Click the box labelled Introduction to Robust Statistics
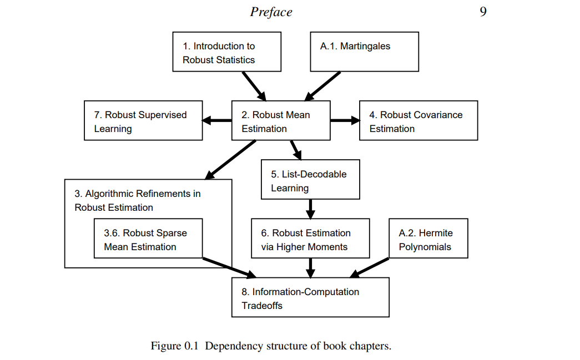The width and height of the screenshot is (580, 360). click(x=226, y=52)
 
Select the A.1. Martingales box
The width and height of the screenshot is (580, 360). click(x=364, y=52)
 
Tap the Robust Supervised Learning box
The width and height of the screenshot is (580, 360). click(x=143, y=120)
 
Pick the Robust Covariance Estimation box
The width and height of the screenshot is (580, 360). click(x=418, y=120)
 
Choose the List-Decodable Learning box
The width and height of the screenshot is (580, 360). click(x=310, y=180)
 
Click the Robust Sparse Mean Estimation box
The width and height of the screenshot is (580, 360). click(x=148, y=238)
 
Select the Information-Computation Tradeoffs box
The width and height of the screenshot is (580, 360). click(x=310, y=297)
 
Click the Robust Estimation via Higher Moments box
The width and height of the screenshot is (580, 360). click(x=310, y=238)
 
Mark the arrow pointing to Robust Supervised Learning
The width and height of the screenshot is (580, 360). click(x=217, y=120)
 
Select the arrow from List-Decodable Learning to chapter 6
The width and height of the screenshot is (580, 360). click(x=310, y=209)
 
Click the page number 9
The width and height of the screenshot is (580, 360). click(x=483, y=12)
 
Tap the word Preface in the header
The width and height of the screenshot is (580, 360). click(x=271, y=12)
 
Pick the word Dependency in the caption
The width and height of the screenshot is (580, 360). click(x=231, y=346)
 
